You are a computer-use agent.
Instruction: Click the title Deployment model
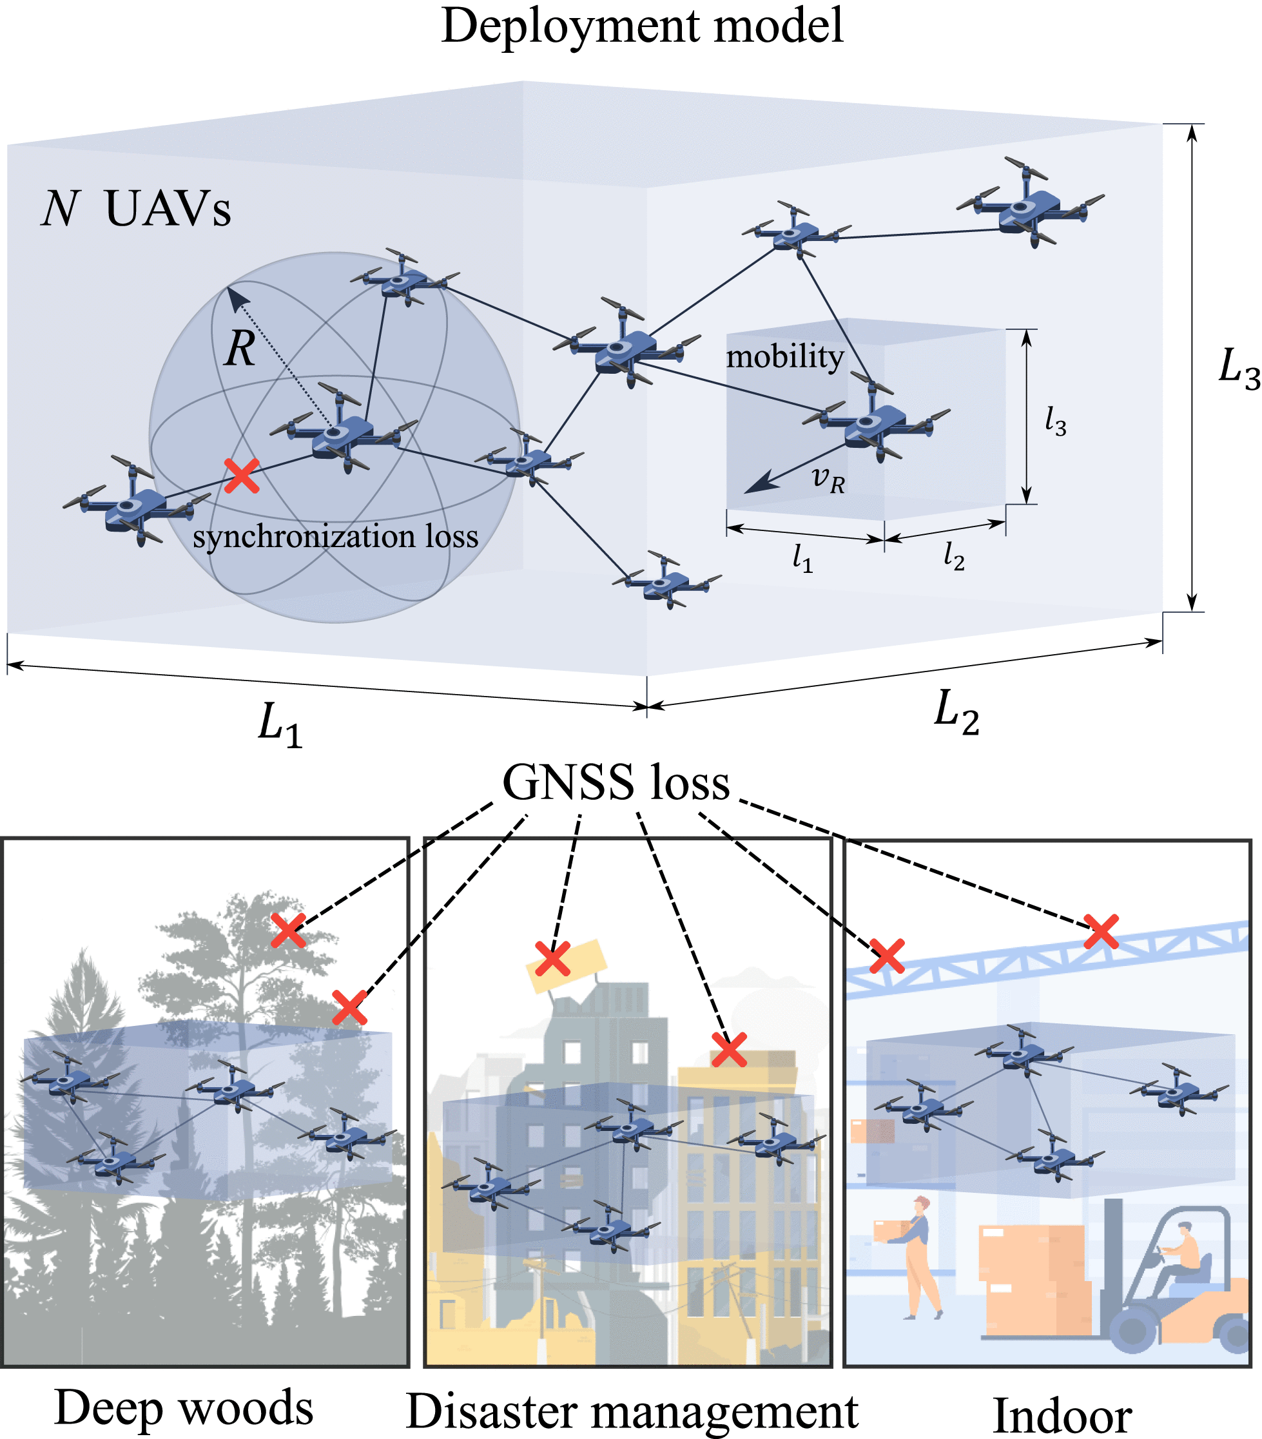click(x=641, y=27)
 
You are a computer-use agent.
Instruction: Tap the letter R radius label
click(x=239, y=349)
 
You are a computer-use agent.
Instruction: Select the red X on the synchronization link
click(x=242, y=476)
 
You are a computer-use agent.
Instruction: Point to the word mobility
click(x=784, y=357)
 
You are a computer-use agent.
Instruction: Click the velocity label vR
click(x=828, y=480)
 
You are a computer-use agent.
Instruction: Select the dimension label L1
click(x=280, y=724)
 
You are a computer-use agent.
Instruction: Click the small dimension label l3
click(x=1055, y=421)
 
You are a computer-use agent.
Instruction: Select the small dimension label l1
click(x=802, y=560)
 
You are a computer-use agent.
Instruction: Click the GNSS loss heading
click(x=616, y=783)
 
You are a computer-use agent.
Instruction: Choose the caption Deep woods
click(x=184, y=1408)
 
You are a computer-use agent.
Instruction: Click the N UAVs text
click(x=136, y=209)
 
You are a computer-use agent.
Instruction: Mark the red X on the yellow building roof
click(x=728, y=1050)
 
